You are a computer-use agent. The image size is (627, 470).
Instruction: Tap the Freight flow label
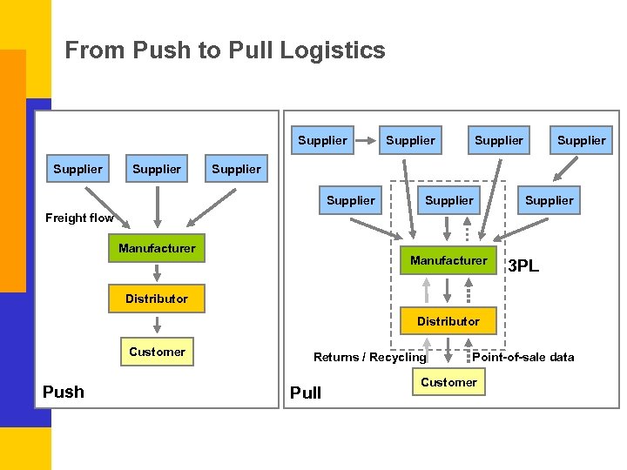[79, 218]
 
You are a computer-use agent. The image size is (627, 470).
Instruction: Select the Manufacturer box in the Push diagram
[157, 248]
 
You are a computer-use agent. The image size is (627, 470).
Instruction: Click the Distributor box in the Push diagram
[156, 299]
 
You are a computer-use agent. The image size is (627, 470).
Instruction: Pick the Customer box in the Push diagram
[157, 352]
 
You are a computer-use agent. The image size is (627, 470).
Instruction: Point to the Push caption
[64, 392]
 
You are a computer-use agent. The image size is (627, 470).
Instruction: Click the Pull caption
[306, 393]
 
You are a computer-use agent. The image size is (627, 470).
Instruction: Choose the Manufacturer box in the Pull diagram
[448, 260]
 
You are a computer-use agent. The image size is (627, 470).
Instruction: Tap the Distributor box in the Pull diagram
[448, 321]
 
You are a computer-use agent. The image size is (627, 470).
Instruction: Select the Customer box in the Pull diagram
[448, 382]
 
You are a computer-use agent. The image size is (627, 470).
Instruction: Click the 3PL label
[523, 266]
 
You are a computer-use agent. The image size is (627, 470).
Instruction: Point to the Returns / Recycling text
[370, 357]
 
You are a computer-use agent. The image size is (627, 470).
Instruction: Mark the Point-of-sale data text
[523, 357]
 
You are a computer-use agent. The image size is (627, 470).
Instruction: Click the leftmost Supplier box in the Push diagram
[78, 169]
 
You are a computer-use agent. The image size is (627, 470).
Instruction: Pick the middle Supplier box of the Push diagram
[157, 169]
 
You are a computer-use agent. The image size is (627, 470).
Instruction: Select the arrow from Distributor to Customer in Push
[157, 325]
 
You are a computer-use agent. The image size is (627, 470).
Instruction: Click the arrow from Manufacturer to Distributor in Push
[157, 272]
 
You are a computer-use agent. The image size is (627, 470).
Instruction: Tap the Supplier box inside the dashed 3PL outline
[448, 200]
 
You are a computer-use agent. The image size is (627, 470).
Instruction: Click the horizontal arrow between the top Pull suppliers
[365, 140]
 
